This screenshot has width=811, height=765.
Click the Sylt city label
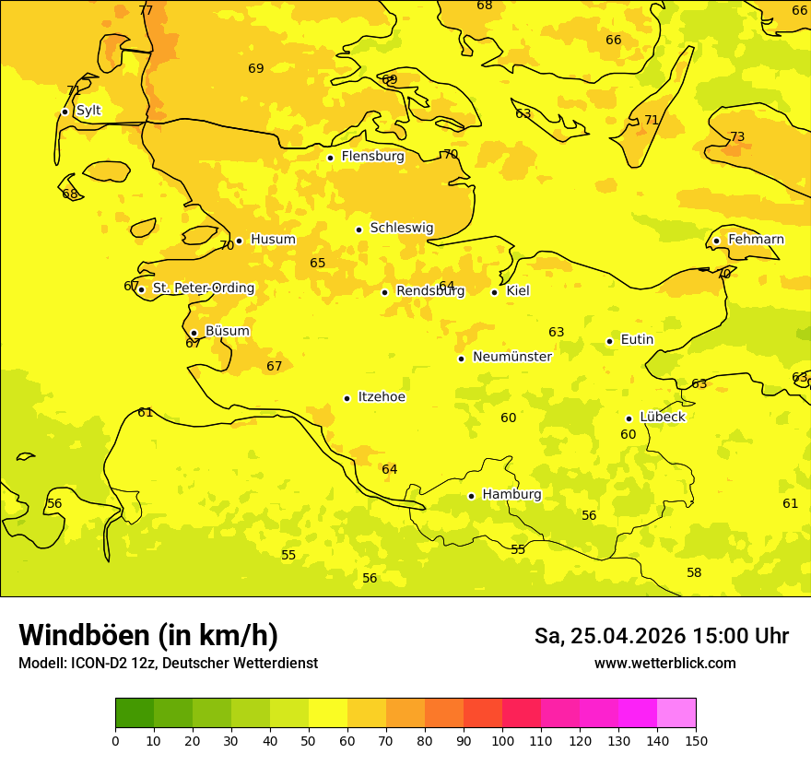pyautogui.click(x=88, y=111)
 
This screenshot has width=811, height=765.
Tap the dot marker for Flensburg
pyautogui.click(x=330, y=158)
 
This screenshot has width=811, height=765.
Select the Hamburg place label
pyautogui.click(x=511, y=494)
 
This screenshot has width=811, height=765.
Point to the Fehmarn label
pyautogui.click(x=756, y=240)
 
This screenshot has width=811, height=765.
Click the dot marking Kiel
pyautogui.click(x=494, y=292)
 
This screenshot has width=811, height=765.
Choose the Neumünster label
pyautogui.click(x=511, y=357)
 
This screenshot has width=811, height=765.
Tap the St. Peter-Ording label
pyautogui.click(x=203, y=288)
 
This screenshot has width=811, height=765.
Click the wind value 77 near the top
pyautogui.click(x=146, y=10)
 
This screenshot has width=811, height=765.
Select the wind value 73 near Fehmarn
pyautogui.click(x=737, y=137)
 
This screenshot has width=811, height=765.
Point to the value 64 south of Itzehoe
pyautogui.click(x=390, y=469)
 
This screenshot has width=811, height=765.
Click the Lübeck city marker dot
pyautogui.click(x=629, y=418)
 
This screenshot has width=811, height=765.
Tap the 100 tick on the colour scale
pyautogui.click(x=502, y=740)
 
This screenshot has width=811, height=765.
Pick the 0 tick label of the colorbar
pyautogui.click(x=115, y=740)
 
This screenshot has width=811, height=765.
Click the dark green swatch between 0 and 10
pyautogui.click(x=135, y=712)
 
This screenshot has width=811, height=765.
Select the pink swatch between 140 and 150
pyautogui.click(x=676, y=712)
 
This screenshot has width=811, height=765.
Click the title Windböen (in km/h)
pyautogui.click(x=147, y=635)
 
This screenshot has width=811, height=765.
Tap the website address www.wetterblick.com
pyautogui.click(x=664, y=663)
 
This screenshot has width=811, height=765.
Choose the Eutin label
pyautogui.click(x=637, y=339)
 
